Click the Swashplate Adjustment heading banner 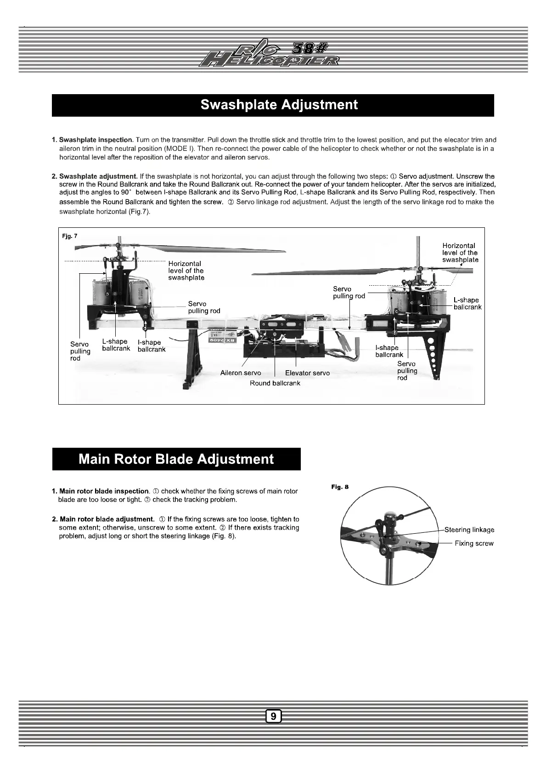click(x=273, y=105)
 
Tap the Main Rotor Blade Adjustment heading click(x=176, y=459)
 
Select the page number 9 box click(x=273, y=716)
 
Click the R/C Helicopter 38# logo click(x=273, y=54)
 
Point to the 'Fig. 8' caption click(x=340, y=487)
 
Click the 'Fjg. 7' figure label click(x=70, y=236)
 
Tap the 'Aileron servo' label click(x=241, y=373)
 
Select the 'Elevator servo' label click(x=307, y=373)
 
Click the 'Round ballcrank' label click(x=275, y=383)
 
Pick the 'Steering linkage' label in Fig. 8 click(x=469, y=530)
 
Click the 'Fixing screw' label click(x=474, y=543)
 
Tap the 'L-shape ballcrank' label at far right click(x=467, y=304)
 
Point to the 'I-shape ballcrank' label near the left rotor click(x=151, y=346)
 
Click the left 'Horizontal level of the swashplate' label click(x=186, y=271)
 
